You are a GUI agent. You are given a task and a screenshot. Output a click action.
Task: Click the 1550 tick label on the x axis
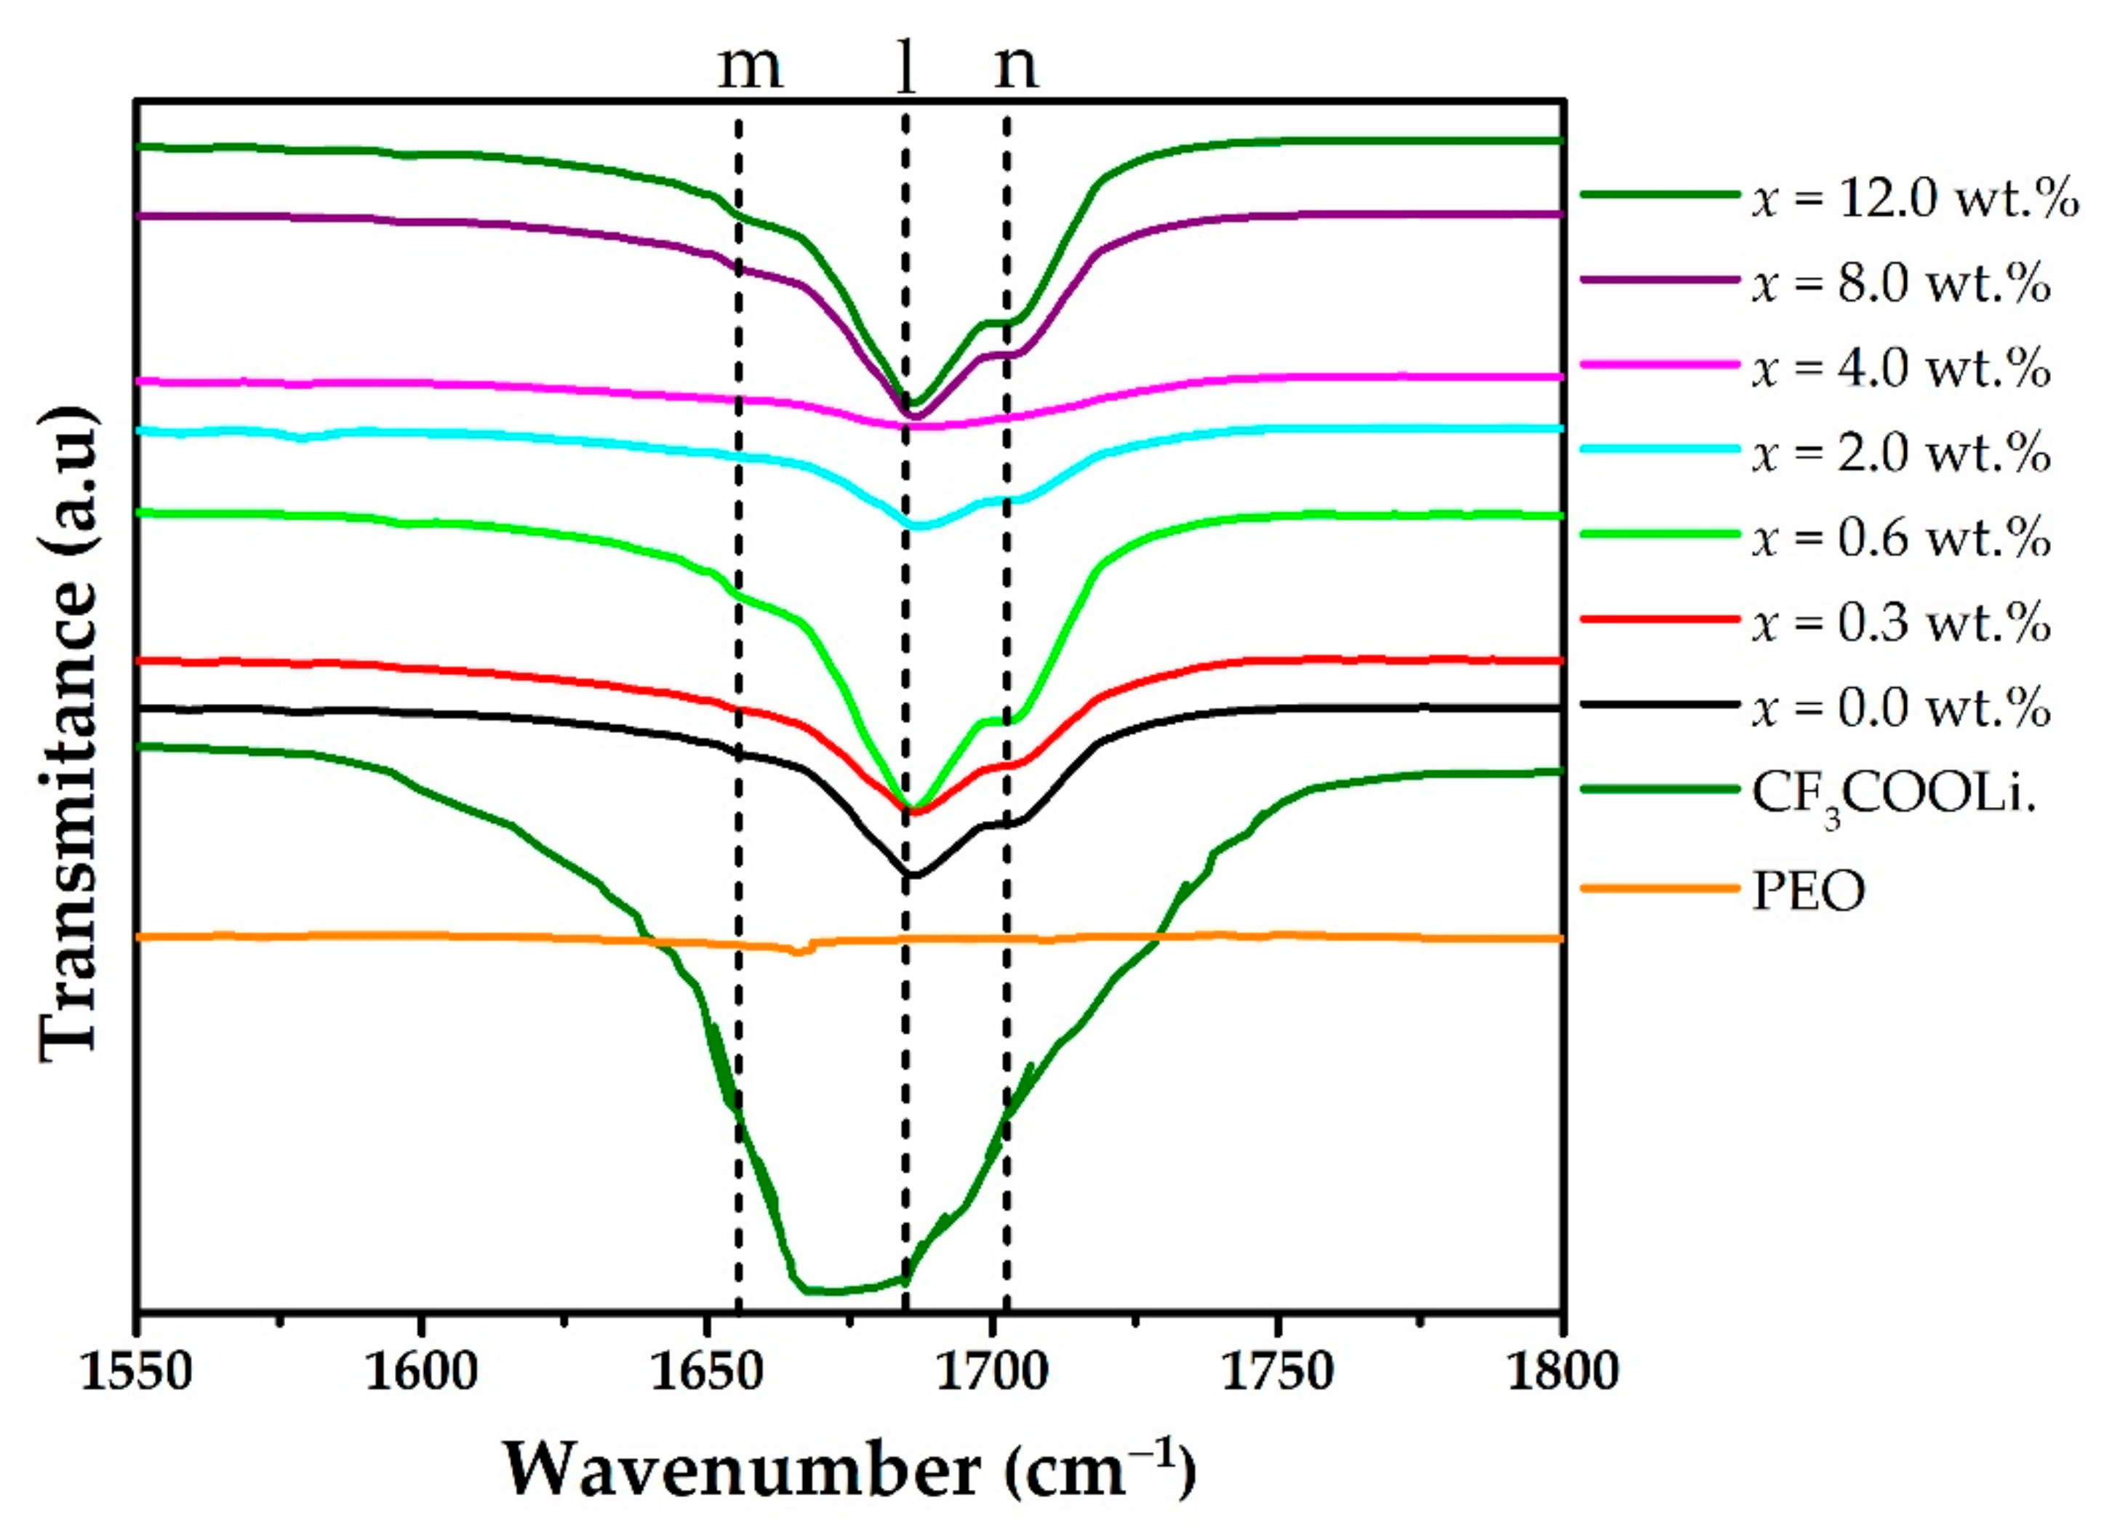click(x=136, y=1371)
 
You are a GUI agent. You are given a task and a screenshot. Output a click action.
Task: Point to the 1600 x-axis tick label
click(x=421, y=1371)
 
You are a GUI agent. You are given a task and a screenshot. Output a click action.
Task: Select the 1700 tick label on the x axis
click(x=993, y=1371)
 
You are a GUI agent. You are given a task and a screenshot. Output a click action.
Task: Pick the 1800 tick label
click(x=1561, y=1371)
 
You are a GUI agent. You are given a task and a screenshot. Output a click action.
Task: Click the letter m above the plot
click(x=750, y=67)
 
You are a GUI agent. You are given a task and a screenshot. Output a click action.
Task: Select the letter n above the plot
click(x=1015, y=67)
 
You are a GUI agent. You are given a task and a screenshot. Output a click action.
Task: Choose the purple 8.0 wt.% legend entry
click(x=1900, y=282)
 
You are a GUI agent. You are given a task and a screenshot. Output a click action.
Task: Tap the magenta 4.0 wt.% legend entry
click(x=1900, y=367)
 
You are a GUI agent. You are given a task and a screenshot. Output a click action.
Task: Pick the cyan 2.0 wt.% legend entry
click(x=1900, y=452)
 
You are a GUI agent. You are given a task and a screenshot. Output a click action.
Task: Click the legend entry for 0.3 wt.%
click(x=1900, y=622)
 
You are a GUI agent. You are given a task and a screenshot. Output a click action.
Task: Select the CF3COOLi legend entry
click(x=1890, y=794)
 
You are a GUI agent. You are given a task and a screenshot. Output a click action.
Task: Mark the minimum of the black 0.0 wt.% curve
click(x=913, y=875)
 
